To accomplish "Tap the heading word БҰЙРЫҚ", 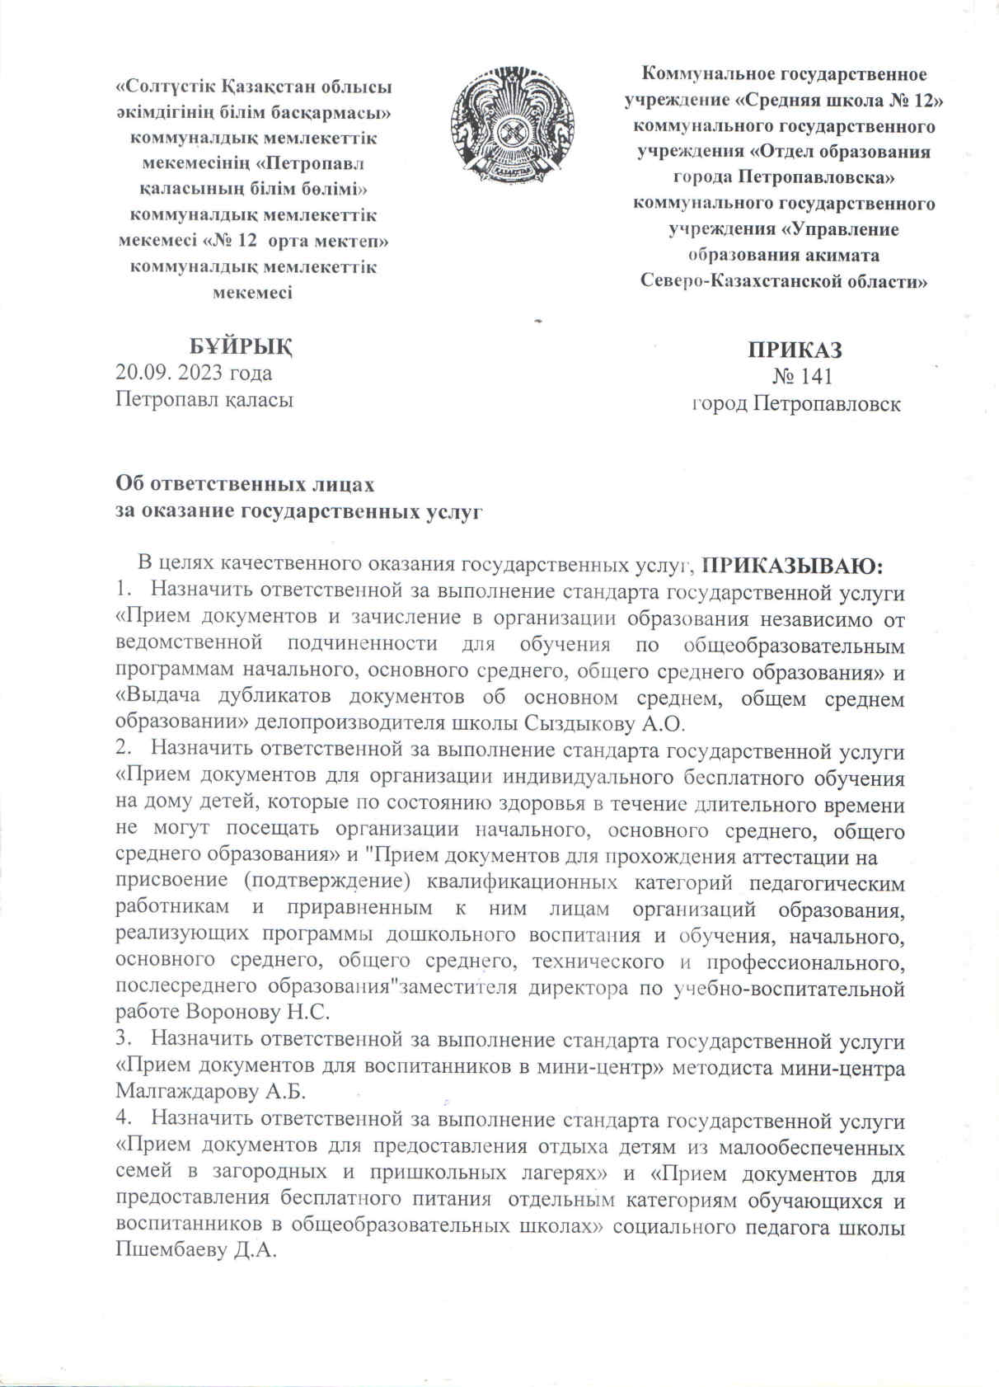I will point(241,346).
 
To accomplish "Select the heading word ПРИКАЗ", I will point(795,349).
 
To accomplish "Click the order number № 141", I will point(802,377).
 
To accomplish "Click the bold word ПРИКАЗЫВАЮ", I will point(791,566).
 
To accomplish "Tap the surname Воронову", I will point(233,1012).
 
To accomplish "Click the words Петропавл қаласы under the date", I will point(204,400).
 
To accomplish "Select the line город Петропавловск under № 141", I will point(795,404).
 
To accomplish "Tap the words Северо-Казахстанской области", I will point(784,280).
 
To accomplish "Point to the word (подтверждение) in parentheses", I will point(328,882).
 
